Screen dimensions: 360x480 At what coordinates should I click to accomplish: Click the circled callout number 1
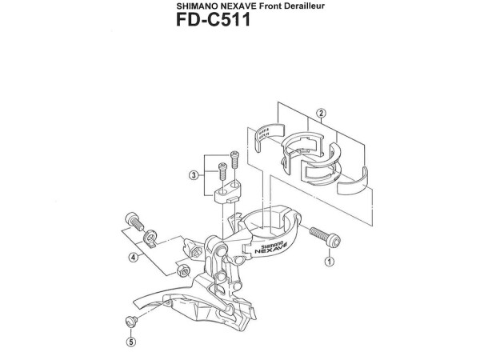[329, 261]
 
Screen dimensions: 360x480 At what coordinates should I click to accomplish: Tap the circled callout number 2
[320, 113]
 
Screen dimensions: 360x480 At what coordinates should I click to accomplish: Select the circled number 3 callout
[194, 174]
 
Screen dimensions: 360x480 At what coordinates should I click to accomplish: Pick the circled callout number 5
[131, 345]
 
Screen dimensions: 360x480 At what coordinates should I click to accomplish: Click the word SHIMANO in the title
[197, 6]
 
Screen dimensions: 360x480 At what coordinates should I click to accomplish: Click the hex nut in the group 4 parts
[182, 266]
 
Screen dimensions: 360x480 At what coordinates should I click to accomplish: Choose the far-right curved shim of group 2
[355, 181]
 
